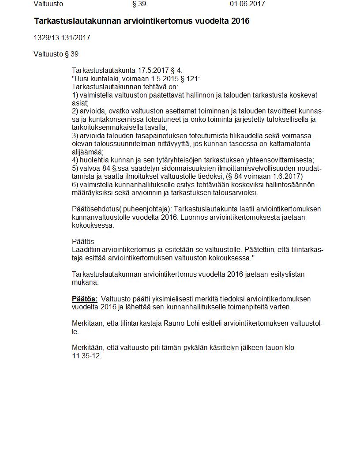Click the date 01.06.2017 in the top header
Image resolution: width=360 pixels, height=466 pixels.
(x=247, y=4)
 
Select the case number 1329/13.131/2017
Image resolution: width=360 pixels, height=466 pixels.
(x=62, y=38)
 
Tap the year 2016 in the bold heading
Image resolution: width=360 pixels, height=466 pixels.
(x=240, y=21)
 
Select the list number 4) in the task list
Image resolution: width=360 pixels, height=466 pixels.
(x=75, y=160)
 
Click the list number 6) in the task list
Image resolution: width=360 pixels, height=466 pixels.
(x=75, y=185)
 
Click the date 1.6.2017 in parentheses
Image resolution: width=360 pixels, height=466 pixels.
(x=287, y=177)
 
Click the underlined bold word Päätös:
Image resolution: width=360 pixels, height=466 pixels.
(x=85, y=299)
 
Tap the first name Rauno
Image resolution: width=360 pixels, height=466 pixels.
(x=161, y=323)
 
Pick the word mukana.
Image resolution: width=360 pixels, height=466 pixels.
(x=85, y=282)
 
